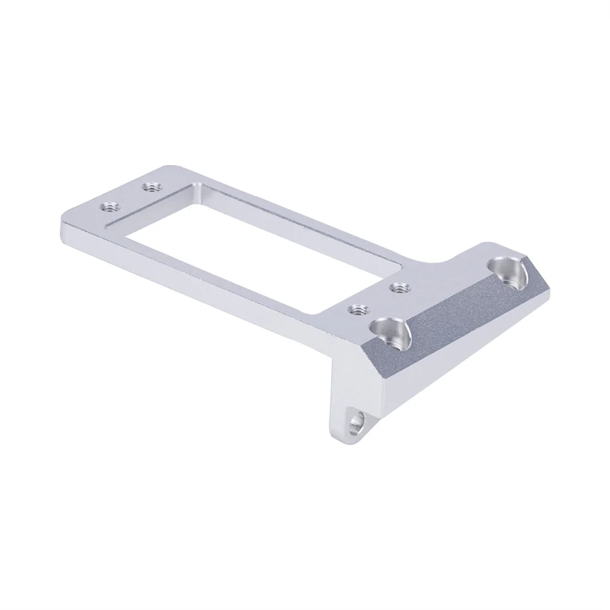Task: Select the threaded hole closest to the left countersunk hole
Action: (358, 310)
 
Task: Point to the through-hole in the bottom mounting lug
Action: (357, 421)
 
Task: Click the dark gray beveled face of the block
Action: (460, 323)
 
